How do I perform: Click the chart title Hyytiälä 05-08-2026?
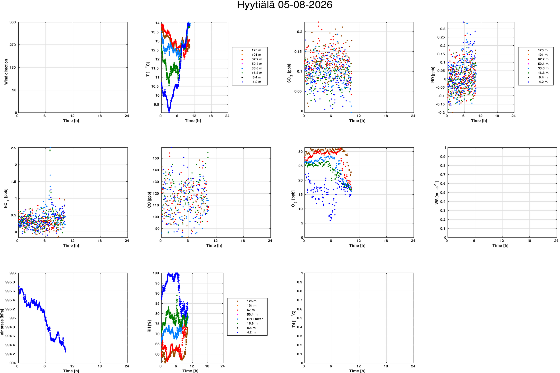coord(284,5)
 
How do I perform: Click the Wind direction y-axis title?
coord(6,72)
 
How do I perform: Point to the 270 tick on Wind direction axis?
coord(12,45)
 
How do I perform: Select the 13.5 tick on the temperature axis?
coord(155,32)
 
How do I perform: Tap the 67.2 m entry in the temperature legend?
coord(257,59)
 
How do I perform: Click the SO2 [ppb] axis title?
coord(290,73)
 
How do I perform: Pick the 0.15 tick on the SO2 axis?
coord(298,52)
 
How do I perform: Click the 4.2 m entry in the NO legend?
coord(543,82)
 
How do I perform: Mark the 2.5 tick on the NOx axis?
coord(13,148)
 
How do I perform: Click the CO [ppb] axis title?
coord(149,200)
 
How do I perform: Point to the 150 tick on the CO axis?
coord(156,158)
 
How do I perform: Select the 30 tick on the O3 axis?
coord(301,152)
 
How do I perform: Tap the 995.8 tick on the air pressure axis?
coord(11,282)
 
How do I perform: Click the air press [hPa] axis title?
coord(2,322)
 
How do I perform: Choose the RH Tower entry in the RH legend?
coord(255,319)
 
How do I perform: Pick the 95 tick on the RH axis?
coord(157,283)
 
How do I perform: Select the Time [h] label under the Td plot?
coord(357,371)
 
